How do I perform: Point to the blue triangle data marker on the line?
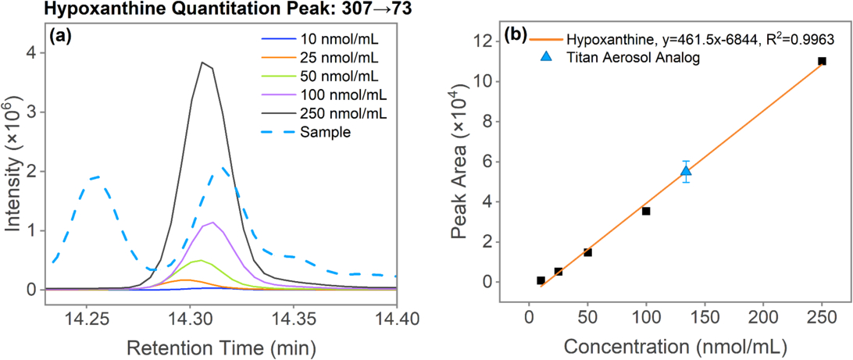coord(686,171)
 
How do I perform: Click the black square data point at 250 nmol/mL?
coord(822,61)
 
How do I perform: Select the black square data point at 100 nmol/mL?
coord(646,211)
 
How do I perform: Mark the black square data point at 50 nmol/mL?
coord(587,252)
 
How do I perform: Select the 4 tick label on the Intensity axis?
coord(30,53)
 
